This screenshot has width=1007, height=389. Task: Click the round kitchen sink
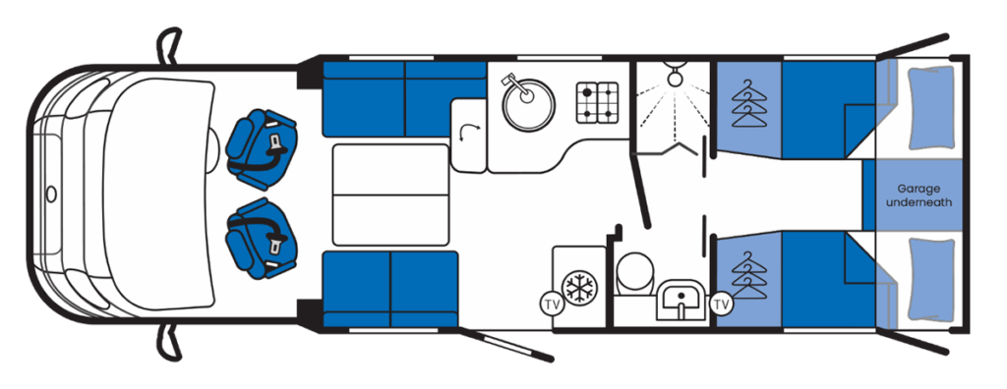point(528,105)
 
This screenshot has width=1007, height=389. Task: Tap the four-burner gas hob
point(597,102)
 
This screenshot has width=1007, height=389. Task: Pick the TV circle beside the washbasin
point(721,304)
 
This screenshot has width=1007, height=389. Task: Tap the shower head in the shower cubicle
point(675,75)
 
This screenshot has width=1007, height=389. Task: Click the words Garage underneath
point(918,195)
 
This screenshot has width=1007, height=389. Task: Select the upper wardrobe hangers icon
point(748,103)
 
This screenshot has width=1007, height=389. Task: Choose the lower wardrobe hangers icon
point(748,275)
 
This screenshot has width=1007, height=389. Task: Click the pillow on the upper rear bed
point(930,107)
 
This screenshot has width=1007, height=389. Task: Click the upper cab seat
point(262,149)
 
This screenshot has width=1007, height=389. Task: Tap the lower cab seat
point(262,238)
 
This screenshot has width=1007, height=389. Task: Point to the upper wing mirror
point(168,46)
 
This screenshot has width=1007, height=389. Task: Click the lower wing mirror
point(168,343)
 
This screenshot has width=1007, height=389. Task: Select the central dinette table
point(390,194)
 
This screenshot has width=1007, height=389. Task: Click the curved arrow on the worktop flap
point(469,135)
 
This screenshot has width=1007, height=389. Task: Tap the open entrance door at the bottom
point(506,346)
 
